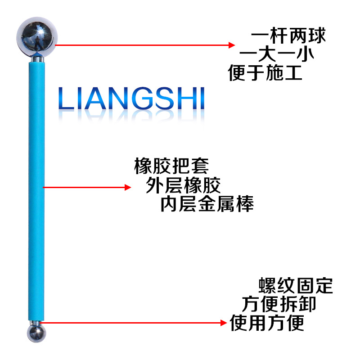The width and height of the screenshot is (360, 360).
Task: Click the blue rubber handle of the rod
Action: pos(36,189)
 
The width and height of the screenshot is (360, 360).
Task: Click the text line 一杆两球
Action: pos(288,36)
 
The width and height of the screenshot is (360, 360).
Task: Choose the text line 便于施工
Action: pos(265,72)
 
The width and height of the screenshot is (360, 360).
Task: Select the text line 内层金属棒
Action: pos(207,204)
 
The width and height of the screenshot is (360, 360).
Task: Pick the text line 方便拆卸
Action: pos(279,304)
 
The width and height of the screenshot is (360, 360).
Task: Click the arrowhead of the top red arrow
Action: pos(232,45)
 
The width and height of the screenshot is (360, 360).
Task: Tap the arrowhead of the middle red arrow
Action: pos(127,187)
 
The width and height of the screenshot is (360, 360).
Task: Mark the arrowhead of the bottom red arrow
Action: pos(223,322)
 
